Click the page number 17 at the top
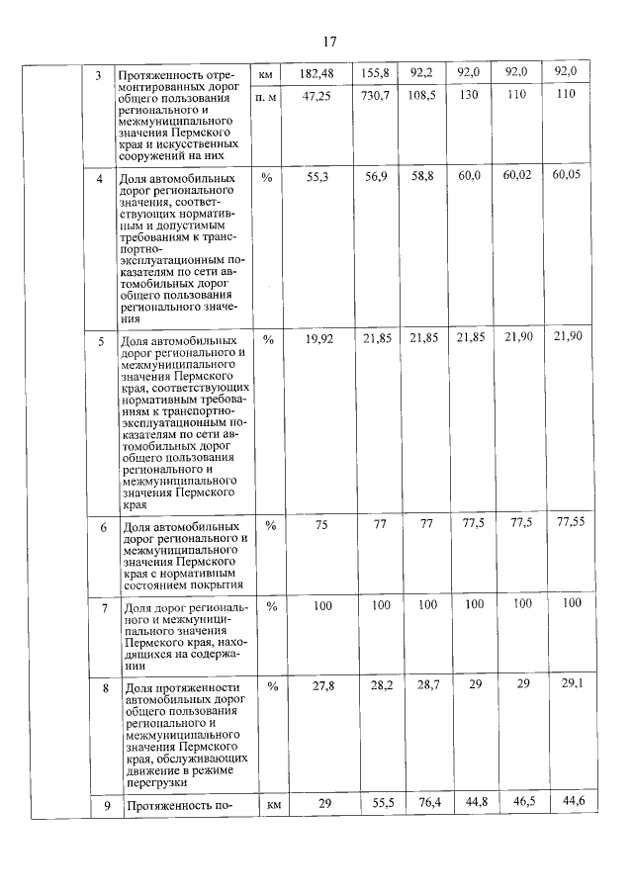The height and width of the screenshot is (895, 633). pyautogui.click(x=329, y=42)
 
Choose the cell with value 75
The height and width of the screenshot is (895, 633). pyautogui.click(x=320, y=525)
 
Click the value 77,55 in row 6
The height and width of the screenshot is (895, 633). pyautogui.click(x=566, y=522)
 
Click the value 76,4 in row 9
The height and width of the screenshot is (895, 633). pyautogui.click(x=422, y=805)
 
